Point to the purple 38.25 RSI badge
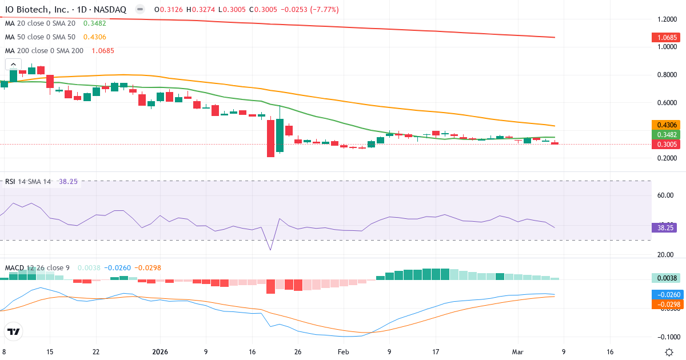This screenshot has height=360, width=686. tap(663, 227)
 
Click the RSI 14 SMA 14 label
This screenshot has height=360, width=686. tap(28, 181)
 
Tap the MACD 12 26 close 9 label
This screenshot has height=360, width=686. tap(37, 267)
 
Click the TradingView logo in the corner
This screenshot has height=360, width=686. tap(14, 331)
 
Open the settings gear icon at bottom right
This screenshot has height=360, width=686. tap(668, 352)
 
